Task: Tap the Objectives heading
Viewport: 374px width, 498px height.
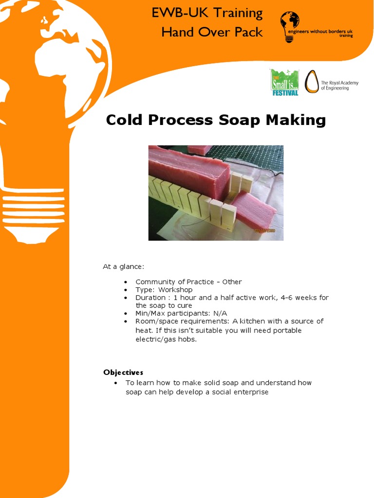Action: tap(123, 373)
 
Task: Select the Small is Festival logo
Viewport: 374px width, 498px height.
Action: tap(284, 82)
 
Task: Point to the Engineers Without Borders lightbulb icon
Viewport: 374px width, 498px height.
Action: tap(289, 27)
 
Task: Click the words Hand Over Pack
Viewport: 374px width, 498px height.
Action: tap(212, 33)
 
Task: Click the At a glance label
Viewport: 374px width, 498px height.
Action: tap(123, 267)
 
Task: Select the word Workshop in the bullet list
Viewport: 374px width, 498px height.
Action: tap(175, 290)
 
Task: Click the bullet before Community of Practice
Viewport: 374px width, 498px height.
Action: tap(126, 283)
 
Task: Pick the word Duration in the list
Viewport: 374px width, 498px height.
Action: tap(150, 298)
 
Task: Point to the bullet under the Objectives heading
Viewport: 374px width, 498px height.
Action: tap(116, 383)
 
